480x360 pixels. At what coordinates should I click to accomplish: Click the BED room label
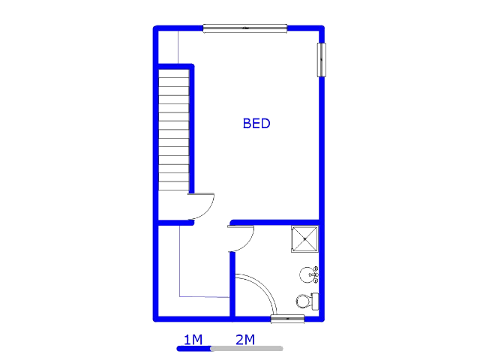256,124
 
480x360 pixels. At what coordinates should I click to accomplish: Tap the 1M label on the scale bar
193,340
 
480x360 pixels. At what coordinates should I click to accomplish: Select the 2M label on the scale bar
245,340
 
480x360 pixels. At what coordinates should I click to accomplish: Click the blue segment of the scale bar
194,348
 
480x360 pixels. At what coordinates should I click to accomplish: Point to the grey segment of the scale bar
247,348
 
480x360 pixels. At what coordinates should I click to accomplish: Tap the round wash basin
307,274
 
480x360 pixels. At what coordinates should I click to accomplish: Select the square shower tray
305,239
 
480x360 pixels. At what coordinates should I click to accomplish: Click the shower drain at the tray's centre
305,239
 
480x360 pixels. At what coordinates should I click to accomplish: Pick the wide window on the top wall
245,28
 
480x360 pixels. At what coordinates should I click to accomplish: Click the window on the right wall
322,60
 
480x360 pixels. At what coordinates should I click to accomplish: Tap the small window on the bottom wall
288,319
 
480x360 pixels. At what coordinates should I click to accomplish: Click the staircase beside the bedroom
173,130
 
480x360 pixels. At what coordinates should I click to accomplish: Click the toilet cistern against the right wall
315,301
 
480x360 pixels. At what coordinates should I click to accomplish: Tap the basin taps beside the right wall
316,274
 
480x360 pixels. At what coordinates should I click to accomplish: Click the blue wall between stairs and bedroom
192,128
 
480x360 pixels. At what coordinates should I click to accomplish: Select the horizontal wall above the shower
275,223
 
